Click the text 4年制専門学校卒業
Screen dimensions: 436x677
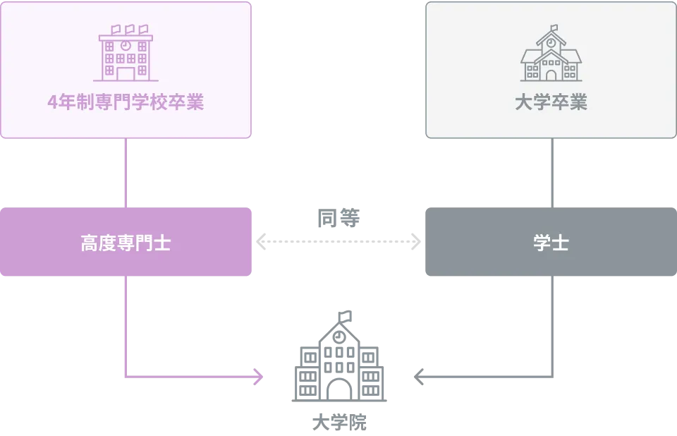pyautogui.click(x=126, y=103)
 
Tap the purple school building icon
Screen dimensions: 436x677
pyautogui.click(x=126, y=54)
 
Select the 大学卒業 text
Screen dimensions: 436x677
pyautogui.click(x=551, y=103)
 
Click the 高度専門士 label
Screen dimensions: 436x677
pyautogui.click(x=126, y=243)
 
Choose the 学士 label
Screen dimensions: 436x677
pyautogui.click(x=551, y=243)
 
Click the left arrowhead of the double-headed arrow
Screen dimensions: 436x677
pyautogui.click(x=262, y=241)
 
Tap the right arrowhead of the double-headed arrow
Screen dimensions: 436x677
pyautogui.click(x=415, y=241)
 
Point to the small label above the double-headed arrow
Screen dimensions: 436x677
pyautogui.click(x=338, y=218)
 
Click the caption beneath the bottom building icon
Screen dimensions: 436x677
pyautogui.click(x=338, y=423)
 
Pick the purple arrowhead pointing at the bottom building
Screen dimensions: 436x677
pyautogui.click(x=258, y=377)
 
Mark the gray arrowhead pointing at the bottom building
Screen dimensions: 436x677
pyautogui.click(x=420, y=377)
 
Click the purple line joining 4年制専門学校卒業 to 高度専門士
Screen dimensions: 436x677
pyautogui.click(x=126, y=172)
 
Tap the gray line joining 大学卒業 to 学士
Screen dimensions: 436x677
pyautogui.click(x=552, y=172)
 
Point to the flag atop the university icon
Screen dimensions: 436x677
pyautogui.click(x=554, y=29)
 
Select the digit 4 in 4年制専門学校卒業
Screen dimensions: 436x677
pyautogui.click(x=52, y=103)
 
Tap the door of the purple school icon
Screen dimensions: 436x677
pyautogui.click(x=126, y=73)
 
